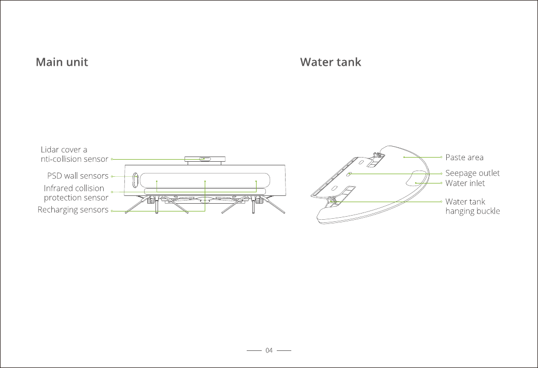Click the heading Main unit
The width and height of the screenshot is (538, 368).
tap(62, 62)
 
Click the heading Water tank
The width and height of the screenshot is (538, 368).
tap(330, 62)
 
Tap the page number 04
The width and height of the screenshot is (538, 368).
tap(269, 351)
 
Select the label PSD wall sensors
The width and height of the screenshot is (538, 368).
tap(78, 176)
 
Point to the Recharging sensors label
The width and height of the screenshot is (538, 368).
tap(73, 210)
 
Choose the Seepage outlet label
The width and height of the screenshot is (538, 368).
tap(472, 173)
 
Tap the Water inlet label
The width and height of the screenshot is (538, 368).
tap(465, 183)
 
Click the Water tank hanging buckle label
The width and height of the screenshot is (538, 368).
tap(472, 206)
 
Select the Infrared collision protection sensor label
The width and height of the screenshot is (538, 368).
tap(76, 193)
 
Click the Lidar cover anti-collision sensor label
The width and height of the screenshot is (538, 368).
tap(74, 154)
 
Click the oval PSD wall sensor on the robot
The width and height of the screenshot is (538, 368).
tap(135, 180)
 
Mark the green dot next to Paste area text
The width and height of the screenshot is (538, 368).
tap(441, 157)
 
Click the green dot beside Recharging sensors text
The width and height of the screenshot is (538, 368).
tap(112, 210)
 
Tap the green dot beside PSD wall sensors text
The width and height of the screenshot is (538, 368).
tap(112, 176)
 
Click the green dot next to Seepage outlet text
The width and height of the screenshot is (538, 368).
tap(441, 173)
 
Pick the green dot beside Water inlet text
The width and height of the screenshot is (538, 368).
tap(441, 183)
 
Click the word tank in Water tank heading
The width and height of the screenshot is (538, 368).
tap(348, 62)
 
